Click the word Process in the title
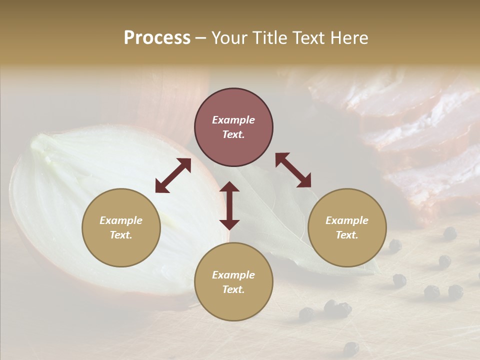(x=157, y=38)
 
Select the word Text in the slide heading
(x=309, y=38)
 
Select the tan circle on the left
(x=121, y=227)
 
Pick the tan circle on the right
(x=347, y=227)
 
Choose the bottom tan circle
(x=233, y=282)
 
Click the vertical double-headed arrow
(x=229, y=205)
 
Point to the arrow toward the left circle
(x=173, y=175)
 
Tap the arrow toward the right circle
(x=293, y=170)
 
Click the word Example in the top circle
(x=233, y=120)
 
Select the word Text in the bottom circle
(x=233, y=289)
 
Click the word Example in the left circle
(x=121, y=220)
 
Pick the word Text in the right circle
(x=347, y=235)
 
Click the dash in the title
(x=201, y=38)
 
